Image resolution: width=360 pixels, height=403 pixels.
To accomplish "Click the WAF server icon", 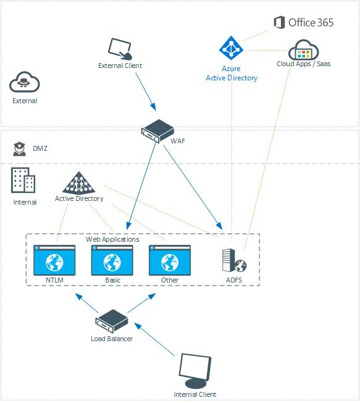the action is [157, 131].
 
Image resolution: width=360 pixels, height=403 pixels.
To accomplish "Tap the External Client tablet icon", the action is [120, 49].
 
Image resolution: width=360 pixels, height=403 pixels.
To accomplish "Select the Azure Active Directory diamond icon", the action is [231, 48].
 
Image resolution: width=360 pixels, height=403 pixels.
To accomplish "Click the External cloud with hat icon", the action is [25, 82].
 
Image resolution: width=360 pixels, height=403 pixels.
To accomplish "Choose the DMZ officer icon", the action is [20, 148].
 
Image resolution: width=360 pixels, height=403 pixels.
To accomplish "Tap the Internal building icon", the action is [23, 180].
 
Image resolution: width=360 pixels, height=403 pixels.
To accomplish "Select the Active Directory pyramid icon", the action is [79, 183].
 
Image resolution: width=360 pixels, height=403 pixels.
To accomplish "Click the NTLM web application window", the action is [54, 260].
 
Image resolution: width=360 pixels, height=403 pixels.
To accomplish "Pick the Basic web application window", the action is [112, 260].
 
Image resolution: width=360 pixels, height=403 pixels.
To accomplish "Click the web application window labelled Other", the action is [170, 260].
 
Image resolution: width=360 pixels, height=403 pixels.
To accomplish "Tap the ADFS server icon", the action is [234, 260].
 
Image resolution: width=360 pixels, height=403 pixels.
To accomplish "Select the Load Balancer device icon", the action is [112, 321].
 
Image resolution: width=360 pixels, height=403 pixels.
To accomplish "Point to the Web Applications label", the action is [112, 239].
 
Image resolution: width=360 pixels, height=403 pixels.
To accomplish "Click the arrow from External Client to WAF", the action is [146, 91].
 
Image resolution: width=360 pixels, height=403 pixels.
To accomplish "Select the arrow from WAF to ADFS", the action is [193, 187].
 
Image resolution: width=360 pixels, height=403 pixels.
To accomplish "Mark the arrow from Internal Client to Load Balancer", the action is [154, 339].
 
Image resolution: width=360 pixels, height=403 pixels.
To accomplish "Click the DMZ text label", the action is [40, 148].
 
